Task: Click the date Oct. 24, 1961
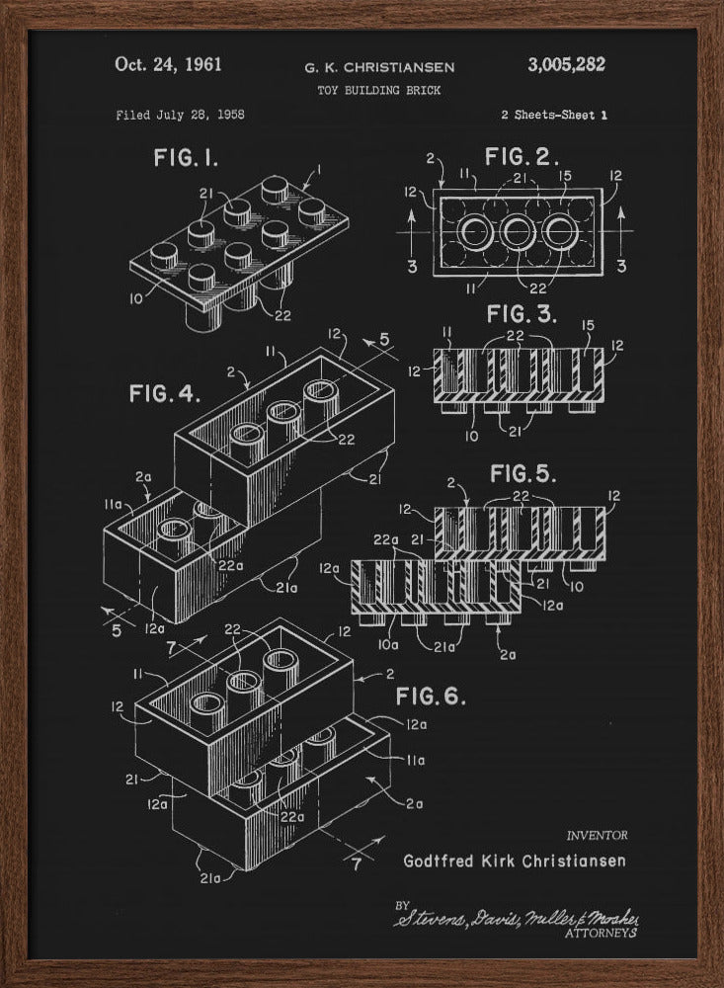(x=168, y=65)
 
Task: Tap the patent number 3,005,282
(x=566, y=65)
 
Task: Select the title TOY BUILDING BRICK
(x=380, y=90)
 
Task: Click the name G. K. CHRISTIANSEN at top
(x=380, y=67)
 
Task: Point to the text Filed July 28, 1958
(x=180, y=115)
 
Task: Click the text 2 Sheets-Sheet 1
(x=553, y=115)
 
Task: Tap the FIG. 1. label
(x=186, y=157)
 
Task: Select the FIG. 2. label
(x=523, y=157)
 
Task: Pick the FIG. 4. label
(x=164, y=393)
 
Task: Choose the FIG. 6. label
(x=431, y=697)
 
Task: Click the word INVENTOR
(x=596, y=836)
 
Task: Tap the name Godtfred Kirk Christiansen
(x=515, y=861)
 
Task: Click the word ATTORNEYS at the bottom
(x=601, y=932)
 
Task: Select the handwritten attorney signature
(x=514, y=918)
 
